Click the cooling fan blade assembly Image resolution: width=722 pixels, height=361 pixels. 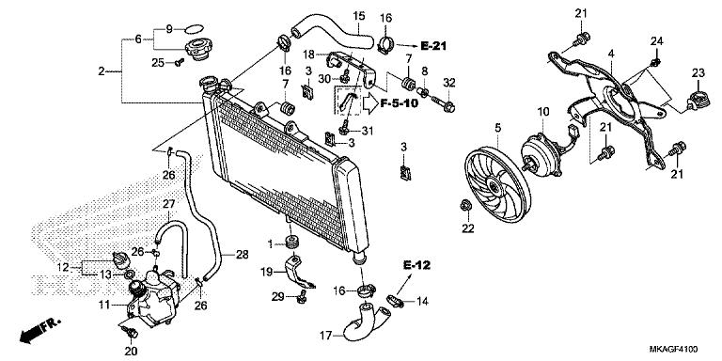pos(497,184)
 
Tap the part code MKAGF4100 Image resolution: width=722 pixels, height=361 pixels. pos(674,349)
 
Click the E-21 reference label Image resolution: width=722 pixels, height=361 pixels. pos(433,45)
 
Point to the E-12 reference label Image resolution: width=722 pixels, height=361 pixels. pos(416,265)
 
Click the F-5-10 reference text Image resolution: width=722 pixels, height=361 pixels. pos(400,103)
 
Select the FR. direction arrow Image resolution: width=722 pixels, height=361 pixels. pos(40,330)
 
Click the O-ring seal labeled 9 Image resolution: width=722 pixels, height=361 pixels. pos(194,29)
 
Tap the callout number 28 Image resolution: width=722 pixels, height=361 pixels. pos(243,254)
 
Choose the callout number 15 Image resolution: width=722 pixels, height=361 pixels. pos(359,16)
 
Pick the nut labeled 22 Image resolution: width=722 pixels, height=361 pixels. pos(465,205)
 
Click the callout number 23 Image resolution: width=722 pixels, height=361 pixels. pos(698,72)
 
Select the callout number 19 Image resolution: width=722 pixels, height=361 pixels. pos(267,272)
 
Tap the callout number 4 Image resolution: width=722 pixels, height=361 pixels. pos(611,54)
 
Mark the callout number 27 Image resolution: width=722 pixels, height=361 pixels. pos(169,203)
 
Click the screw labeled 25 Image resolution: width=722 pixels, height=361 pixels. pos(180,62)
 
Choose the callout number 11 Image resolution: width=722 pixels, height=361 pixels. pos(104,305)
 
